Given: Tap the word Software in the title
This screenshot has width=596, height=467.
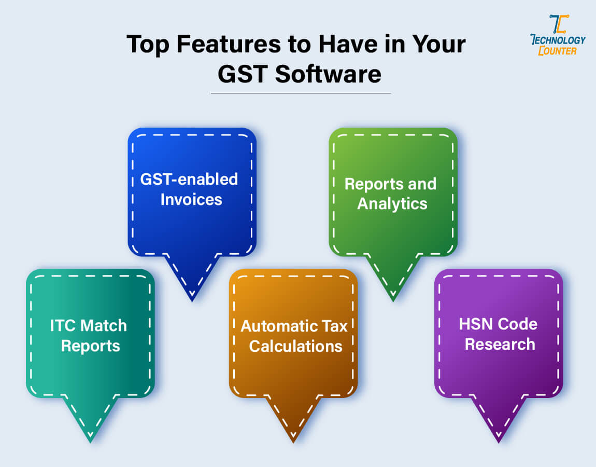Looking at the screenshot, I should [x=328, y=74].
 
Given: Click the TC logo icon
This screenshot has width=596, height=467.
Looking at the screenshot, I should [x=558, y=24].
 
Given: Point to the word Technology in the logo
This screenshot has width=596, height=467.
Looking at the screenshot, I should [x=558, y=40].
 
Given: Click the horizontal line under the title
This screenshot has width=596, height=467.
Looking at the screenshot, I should [x=301, y=93].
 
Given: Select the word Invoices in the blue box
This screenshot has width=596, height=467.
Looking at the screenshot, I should [x=191, y=199].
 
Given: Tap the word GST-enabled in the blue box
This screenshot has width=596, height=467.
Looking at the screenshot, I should [x=189, y=180].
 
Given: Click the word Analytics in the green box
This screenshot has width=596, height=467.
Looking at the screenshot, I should [x=392, y=203].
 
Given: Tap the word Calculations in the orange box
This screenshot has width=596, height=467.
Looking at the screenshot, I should [x=295, y=346].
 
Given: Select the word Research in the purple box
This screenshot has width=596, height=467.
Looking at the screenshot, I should [x=500, y=344].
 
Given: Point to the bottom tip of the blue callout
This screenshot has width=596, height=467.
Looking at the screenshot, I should [x=192, y=300].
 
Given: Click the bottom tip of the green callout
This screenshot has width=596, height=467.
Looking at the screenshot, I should [x=393, y=300].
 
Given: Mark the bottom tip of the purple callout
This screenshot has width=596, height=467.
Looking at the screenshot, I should [x=499, y=442].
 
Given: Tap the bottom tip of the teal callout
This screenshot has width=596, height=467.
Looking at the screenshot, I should [x=90, y=442].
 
